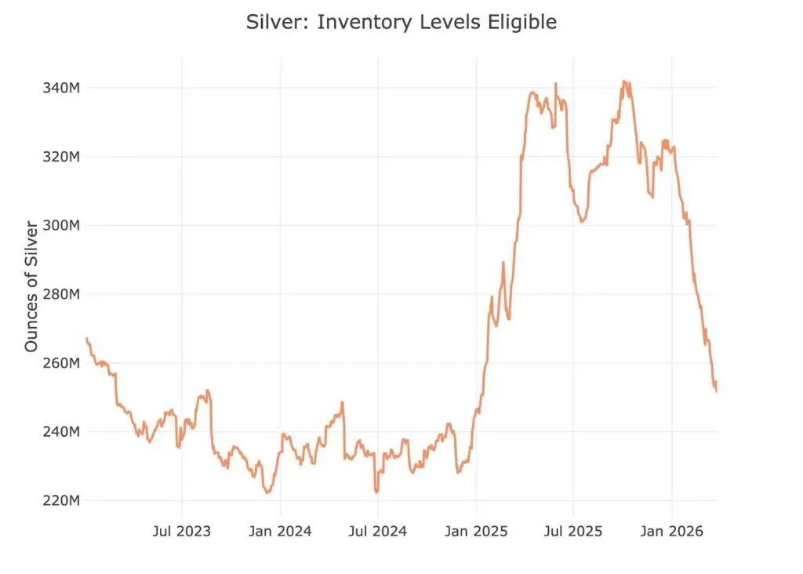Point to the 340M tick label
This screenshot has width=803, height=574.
tap(61, 88)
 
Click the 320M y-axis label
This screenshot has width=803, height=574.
tap(61, 157)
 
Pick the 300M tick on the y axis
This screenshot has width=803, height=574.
tap(61, 225)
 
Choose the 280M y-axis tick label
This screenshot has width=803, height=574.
tap(61, 294)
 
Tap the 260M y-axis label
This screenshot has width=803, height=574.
tap(61, 363)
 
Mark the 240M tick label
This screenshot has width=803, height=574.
tap(61, 431)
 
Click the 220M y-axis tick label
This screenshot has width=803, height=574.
tap(61, 500)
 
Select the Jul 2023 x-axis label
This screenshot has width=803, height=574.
tap(182, 531)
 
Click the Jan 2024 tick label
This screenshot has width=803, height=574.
tap(280, 531)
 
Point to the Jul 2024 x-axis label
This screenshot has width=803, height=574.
tap(378, 531)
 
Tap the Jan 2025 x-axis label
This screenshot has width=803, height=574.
tap(476, 531)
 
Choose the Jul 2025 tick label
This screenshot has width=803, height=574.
tap(573, 531)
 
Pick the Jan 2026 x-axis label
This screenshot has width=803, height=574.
tap(672, 531)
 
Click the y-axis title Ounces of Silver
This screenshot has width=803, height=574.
tap(31, 287)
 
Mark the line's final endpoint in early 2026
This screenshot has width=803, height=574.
tap(716, 391)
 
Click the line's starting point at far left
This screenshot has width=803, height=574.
tap(86, 339)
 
